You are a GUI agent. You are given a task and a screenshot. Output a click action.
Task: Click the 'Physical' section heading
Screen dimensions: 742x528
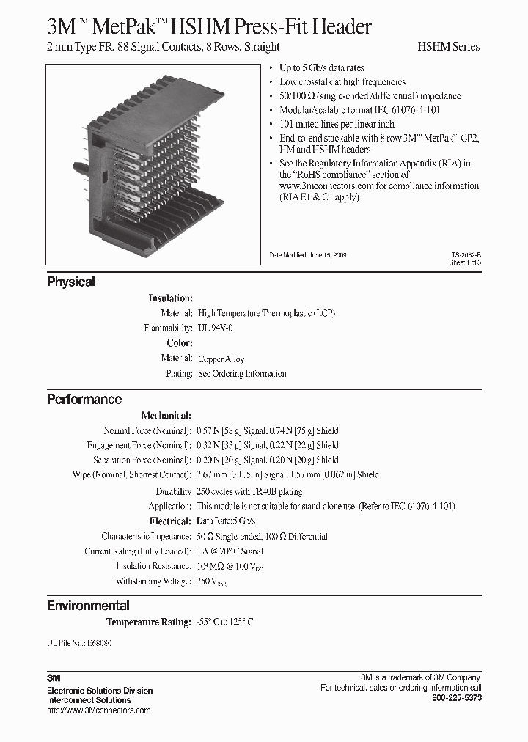[71, 282]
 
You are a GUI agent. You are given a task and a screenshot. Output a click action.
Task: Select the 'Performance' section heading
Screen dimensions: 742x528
[84, 400]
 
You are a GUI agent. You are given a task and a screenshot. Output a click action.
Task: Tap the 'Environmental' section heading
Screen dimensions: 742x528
[88, 606]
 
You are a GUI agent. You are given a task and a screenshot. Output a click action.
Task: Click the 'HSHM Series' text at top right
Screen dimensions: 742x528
[448, 46]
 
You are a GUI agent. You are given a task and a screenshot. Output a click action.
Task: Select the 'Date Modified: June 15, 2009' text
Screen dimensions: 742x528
[308, 255]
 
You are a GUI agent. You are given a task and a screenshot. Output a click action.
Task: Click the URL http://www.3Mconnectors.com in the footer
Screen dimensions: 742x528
[98, 710]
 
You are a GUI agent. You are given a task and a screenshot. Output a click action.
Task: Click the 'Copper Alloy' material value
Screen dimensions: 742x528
[221, 359]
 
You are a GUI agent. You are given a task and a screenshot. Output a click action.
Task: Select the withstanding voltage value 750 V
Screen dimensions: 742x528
[213, 581]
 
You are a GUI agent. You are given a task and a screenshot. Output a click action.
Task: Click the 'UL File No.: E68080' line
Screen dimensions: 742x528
[80, 642]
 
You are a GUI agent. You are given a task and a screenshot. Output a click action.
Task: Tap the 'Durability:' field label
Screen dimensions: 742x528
[173, 491]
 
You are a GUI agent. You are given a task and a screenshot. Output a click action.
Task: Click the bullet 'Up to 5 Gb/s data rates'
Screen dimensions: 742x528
[322, 68]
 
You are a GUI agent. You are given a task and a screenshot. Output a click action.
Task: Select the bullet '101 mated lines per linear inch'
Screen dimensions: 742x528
[337, 124]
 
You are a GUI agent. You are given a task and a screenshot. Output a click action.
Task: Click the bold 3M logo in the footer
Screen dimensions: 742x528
[53, 679]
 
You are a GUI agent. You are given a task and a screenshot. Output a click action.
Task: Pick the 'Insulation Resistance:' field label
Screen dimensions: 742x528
[154, 566]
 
